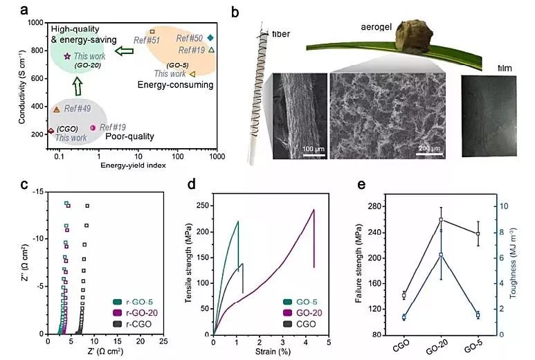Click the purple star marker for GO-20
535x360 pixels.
coord(67,56)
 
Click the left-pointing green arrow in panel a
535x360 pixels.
coord(124,51)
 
